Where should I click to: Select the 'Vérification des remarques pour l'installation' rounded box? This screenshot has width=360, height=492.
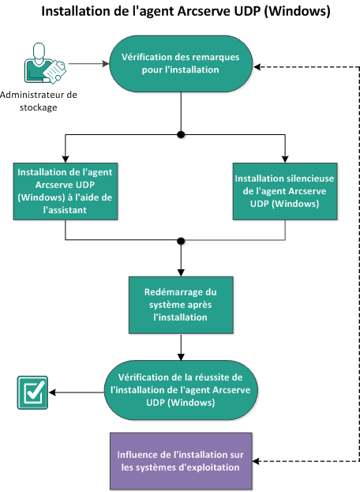(x=182, y=63)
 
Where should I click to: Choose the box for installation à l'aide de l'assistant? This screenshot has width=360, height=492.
(x=66, y=190)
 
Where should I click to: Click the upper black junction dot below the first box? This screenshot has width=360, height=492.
(x=182, y=135)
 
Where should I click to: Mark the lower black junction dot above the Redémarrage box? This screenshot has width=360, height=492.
(x=182, y=240)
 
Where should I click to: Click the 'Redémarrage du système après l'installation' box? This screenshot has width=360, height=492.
(x=182, y=305)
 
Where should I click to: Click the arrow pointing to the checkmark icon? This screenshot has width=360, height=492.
(x=75, y=390)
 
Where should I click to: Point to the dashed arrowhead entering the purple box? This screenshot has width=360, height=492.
(x=258, y=460)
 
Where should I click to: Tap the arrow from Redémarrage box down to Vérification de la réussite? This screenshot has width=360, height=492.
(x=182, y=347)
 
